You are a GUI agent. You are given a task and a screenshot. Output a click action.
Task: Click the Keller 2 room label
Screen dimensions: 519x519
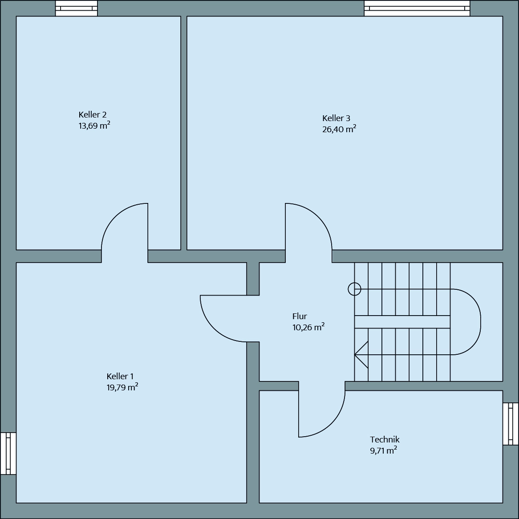[x=92, y=114]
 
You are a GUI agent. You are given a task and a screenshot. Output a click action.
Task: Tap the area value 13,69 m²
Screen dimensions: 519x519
[x=94, y=125]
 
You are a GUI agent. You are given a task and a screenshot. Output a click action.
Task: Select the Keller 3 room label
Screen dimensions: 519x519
[x=336, y=118]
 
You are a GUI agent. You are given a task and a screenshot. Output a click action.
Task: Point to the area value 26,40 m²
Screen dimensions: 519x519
[x=339, y=129]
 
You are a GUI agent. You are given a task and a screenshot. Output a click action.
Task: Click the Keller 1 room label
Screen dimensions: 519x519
[x=120, y=376]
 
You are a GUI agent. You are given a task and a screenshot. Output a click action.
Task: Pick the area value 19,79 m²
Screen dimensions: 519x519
[x=122, y=387]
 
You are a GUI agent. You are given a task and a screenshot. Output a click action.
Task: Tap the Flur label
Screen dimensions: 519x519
[x=300, y=316]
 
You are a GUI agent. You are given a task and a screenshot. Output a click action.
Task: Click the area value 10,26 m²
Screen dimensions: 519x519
[x=308, y=327]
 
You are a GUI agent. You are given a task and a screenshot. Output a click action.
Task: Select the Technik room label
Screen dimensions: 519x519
[x=385, y=440]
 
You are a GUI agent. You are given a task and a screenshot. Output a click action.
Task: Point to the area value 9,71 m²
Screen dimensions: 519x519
[x=383, y=450]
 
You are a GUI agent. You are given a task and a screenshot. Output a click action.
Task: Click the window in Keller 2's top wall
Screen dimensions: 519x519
[x=77, y=8]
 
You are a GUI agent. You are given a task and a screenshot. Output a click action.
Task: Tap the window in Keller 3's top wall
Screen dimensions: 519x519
[x=417, y=8]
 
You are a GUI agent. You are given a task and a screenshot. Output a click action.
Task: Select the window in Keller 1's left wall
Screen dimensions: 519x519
[x=8, y=454]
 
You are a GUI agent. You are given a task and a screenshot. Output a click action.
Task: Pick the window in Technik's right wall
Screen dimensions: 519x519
[x=511, y=424]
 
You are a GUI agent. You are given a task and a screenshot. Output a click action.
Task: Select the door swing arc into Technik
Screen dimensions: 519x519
[x=332, y=424]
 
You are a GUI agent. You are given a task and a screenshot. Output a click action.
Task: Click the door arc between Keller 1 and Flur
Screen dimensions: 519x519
[x=214, y=328]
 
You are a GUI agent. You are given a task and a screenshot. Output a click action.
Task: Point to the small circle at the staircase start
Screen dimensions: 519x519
[x=354, y=289]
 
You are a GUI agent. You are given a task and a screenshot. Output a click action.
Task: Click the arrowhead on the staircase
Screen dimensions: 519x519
[x=361, y=355]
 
